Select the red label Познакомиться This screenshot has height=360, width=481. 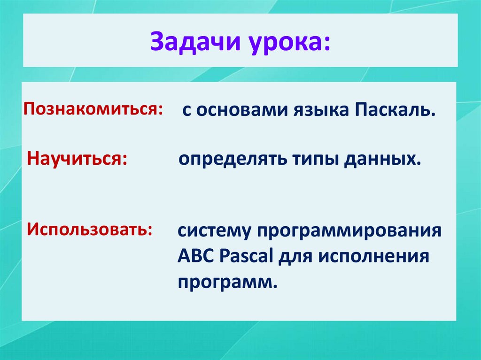coord(90,109)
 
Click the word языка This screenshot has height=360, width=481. coord(321,111)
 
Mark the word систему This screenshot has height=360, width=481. coord(214,231)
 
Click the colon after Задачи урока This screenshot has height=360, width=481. coord(326,44)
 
